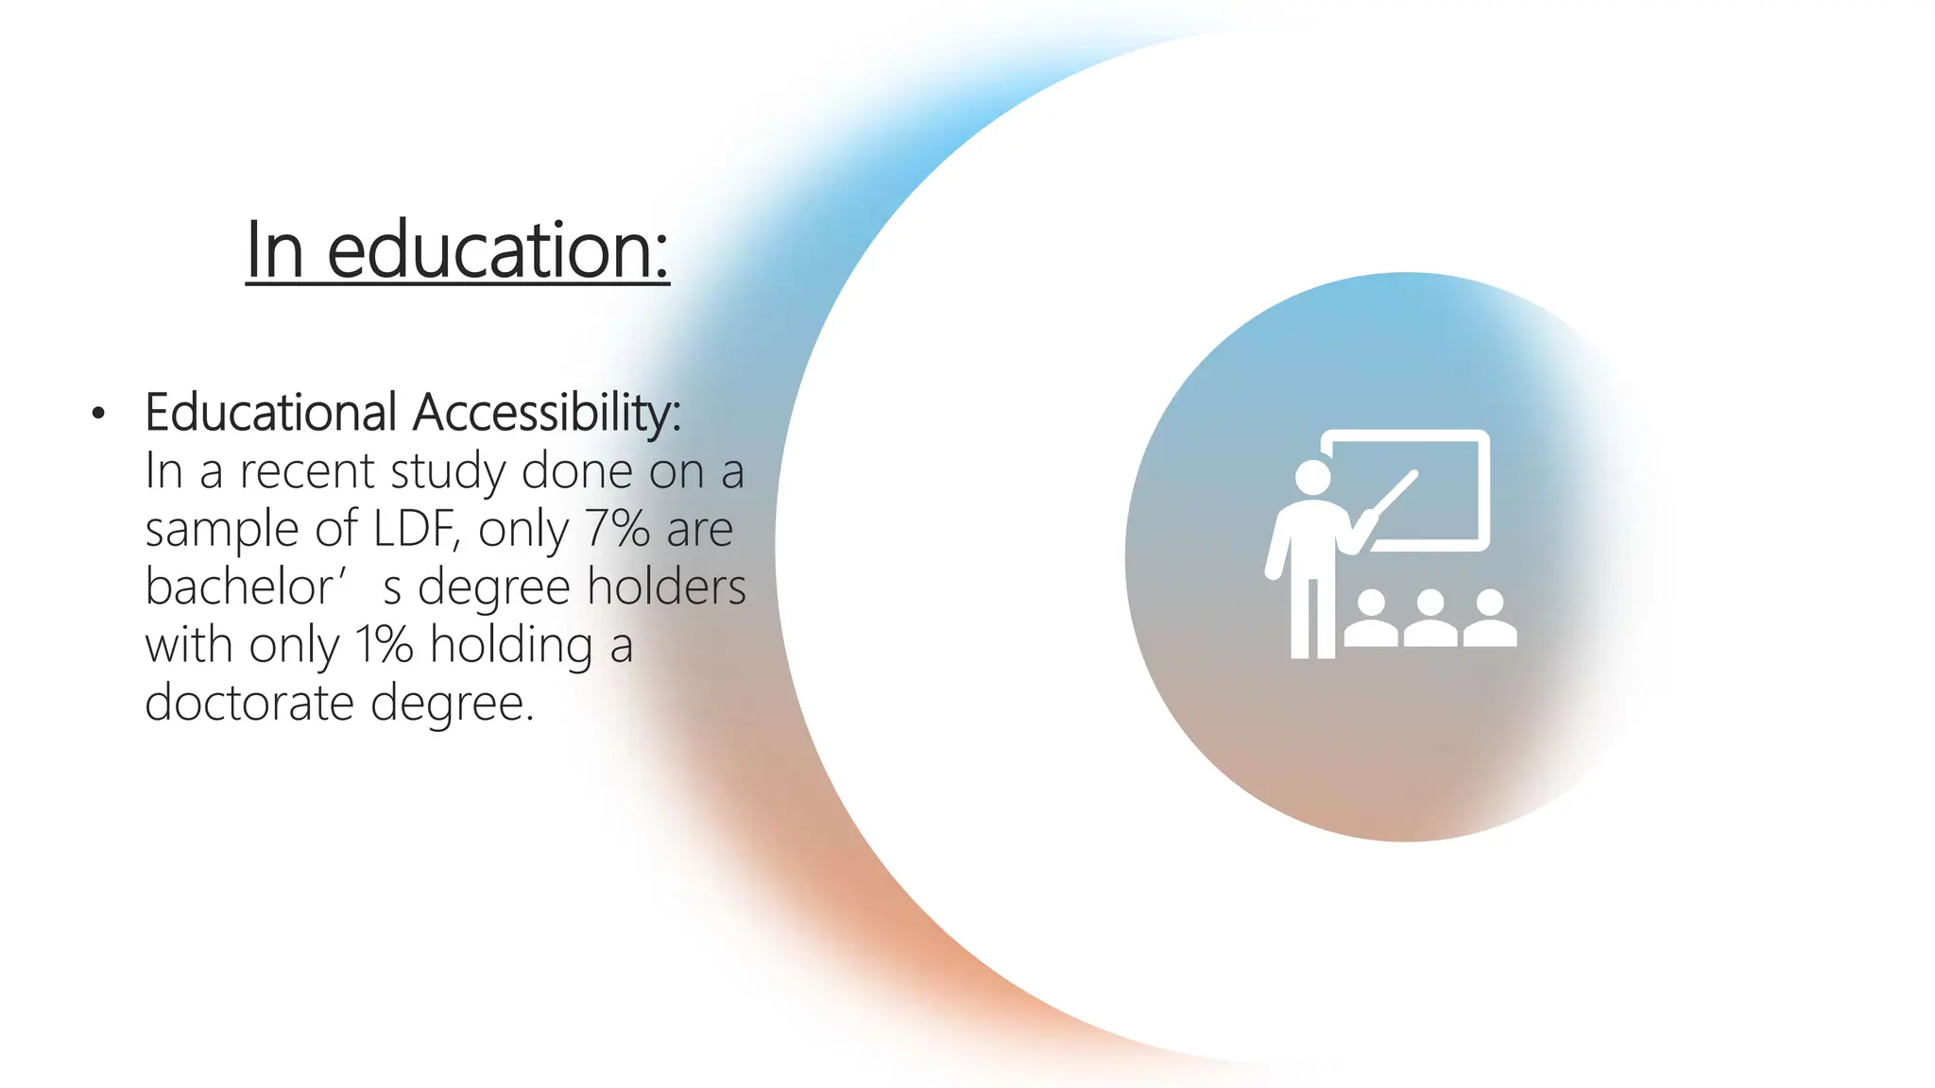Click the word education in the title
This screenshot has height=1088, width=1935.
click(498, 250)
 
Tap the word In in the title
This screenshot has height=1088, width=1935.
click(275, 250)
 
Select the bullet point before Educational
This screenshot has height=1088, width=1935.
click(98, 414)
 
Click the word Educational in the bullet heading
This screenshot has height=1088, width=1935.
click(270, 413)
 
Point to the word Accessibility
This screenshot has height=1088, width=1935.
click(547, 414)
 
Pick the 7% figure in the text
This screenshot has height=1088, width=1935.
click(617, 529)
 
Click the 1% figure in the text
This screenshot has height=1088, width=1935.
click(385, 645)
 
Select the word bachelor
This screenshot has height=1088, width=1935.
click(239, 586)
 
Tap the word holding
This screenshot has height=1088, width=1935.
click(511, 646)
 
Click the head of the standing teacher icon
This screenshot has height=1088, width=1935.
click(1312, 476)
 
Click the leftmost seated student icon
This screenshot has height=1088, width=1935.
click(1371, 620)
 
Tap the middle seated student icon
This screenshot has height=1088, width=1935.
click(1430, 620)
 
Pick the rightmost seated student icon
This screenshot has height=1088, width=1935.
click(1490, 620)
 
